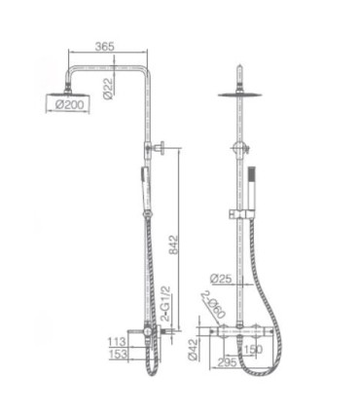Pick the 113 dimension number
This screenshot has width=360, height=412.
click(x=117, y=342)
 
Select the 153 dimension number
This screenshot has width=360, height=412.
click(x=117, y=356)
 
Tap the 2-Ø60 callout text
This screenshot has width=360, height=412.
click(x=216, y=307)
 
